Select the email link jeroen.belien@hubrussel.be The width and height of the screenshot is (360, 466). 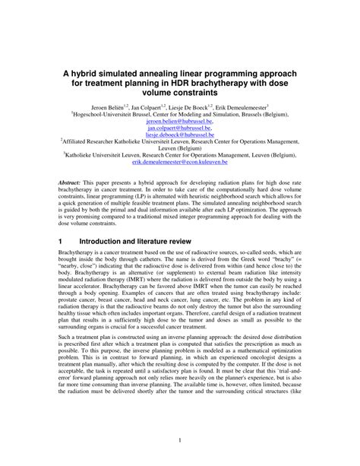[x=179, y=121]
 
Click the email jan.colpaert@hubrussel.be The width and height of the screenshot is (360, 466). [x=179, y=128]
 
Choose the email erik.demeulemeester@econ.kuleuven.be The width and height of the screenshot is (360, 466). [x=179, y=162]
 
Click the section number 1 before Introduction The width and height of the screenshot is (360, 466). [x=61, y=239]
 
